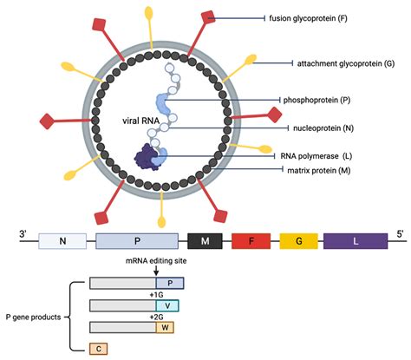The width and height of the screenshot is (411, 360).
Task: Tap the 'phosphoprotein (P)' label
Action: [322, 100]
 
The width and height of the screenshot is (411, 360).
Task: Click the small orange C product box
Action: [100, 348]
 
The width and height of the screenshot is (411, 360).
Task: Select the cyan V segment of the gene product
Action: [167, 304]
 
